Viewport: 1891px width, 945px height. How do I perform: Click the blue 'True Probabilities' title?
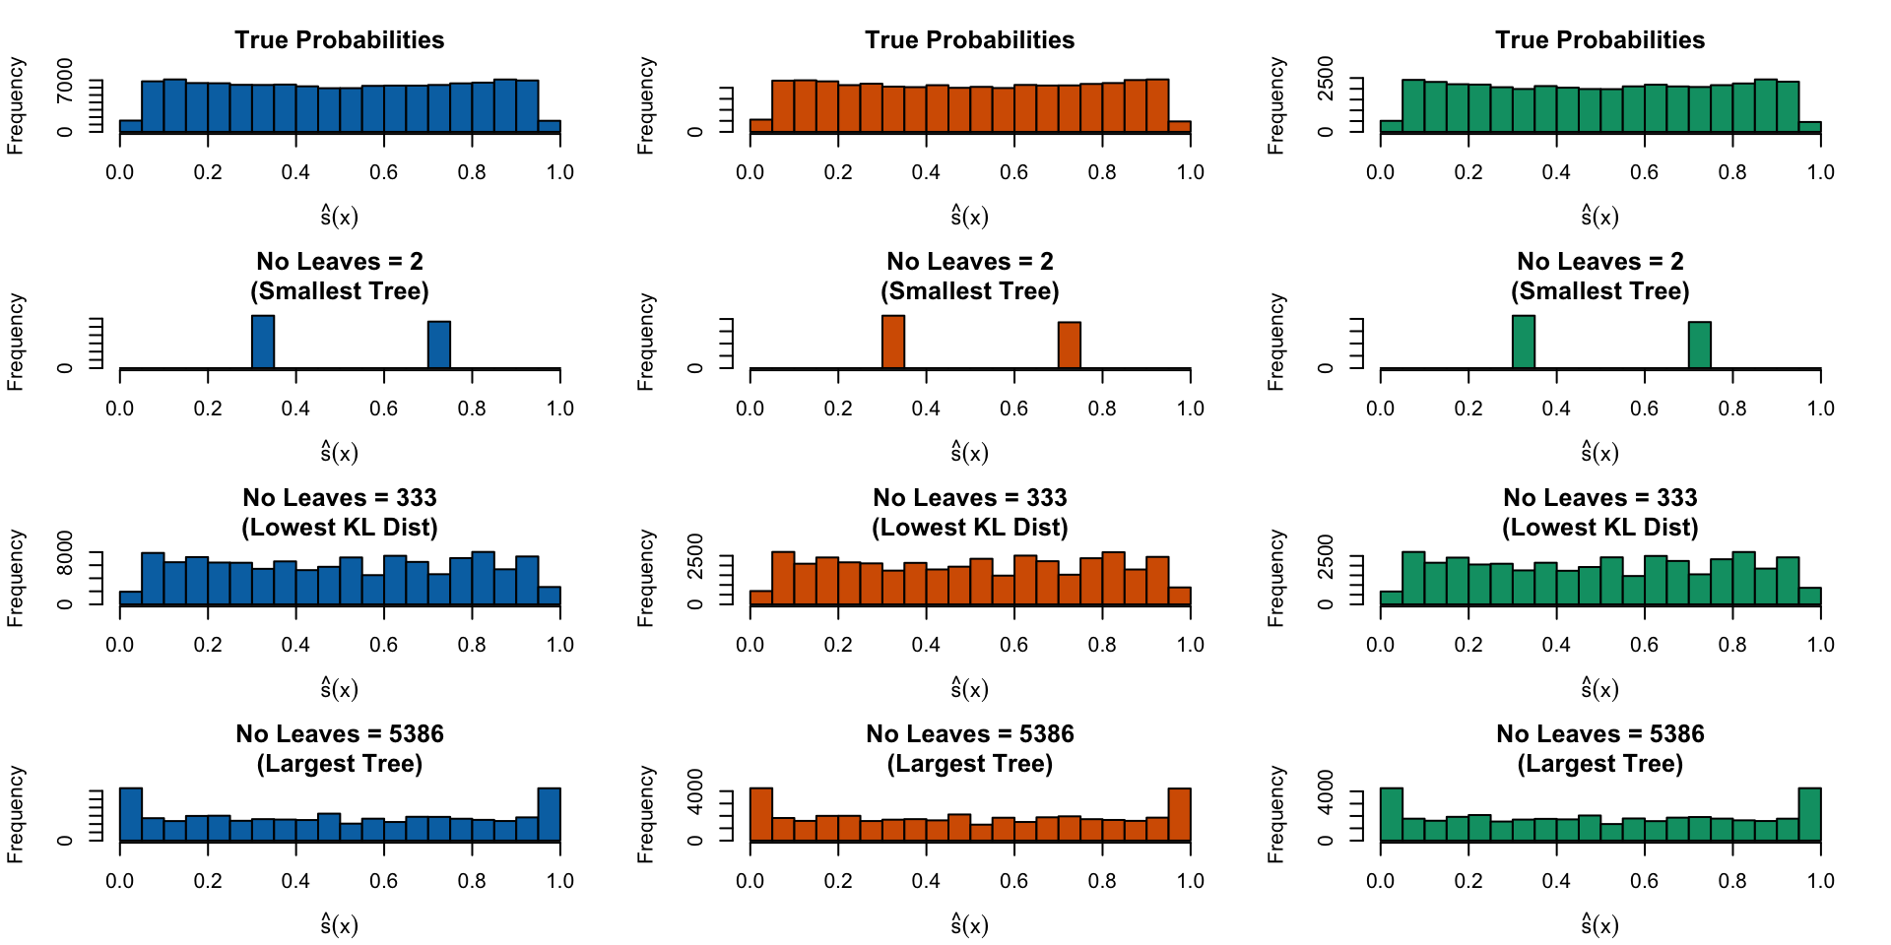pyautogui.click(x=339, y=40)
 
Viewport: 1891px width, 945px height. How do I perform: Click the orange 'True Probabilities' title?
pyautogui.click(x=969, y=40)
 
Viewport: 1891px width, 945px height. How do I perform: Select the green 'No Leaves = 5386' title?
pyautogui.click(x=1599, y=734)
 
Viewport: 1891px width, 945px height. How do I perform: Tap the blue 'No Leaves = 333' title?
pyautogui.click(x=339, y=498)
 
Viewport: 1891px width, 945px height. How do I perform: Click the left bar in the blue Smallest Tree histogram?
pyautogui.click(x=263, y=342)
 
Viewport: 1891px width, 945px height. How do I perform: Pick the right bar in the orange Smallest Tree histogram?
pyautogui.click(x=1070, y=345)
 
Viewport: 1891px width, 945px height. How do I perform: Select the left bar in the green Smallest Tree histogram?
pyautogui.click(x=1524, y=342)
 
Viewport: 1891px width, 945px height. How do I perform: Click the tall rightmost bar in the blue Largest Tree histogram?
pyautogui.click(x=550, y=814)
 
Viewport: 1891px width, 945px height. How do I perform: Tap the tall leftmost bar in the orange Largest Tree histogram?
pyautogui.click(x=761, y=814)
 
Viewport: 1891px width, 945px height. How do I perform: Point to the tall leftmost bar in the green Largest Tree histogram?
pyautogui.click(x=1392, y=814)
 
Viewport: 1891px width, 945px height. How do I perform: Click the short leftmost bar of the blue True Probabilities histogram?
pyautogui.click(x=131, y=126)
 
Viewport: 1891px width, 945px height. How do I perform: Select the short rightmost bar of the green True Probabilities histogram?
pyautogui.click(x=1810, y=127)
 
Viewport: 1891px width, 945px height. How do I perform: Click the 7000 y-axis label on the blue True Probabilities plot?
pyautogui.click(x=65, y=80)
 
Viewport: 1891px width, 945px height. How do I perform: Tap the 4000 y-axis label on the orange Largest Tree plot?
pyautogui.click(x=695, y=792)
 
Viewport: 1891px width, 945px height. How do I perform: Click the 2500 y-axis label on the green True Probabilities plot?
pyautogui.click(x=1326, y=79)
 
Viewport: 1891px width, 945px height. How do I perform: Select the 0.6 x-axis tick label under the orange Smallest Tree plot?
pyautogui.click(x=1013, y=409)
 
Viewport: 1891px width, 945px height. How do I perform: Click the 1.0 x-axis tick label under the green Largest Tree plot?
pyautogui.click(x=1820, y=881)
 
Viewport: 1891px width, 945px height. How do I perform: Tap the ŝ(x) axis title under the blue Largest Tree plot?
pyautogui.click(x=339, y=923)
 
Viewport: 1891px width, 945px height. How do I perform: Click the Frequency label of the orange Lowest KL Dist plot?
pyautogui.click(x=646, y=578)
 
